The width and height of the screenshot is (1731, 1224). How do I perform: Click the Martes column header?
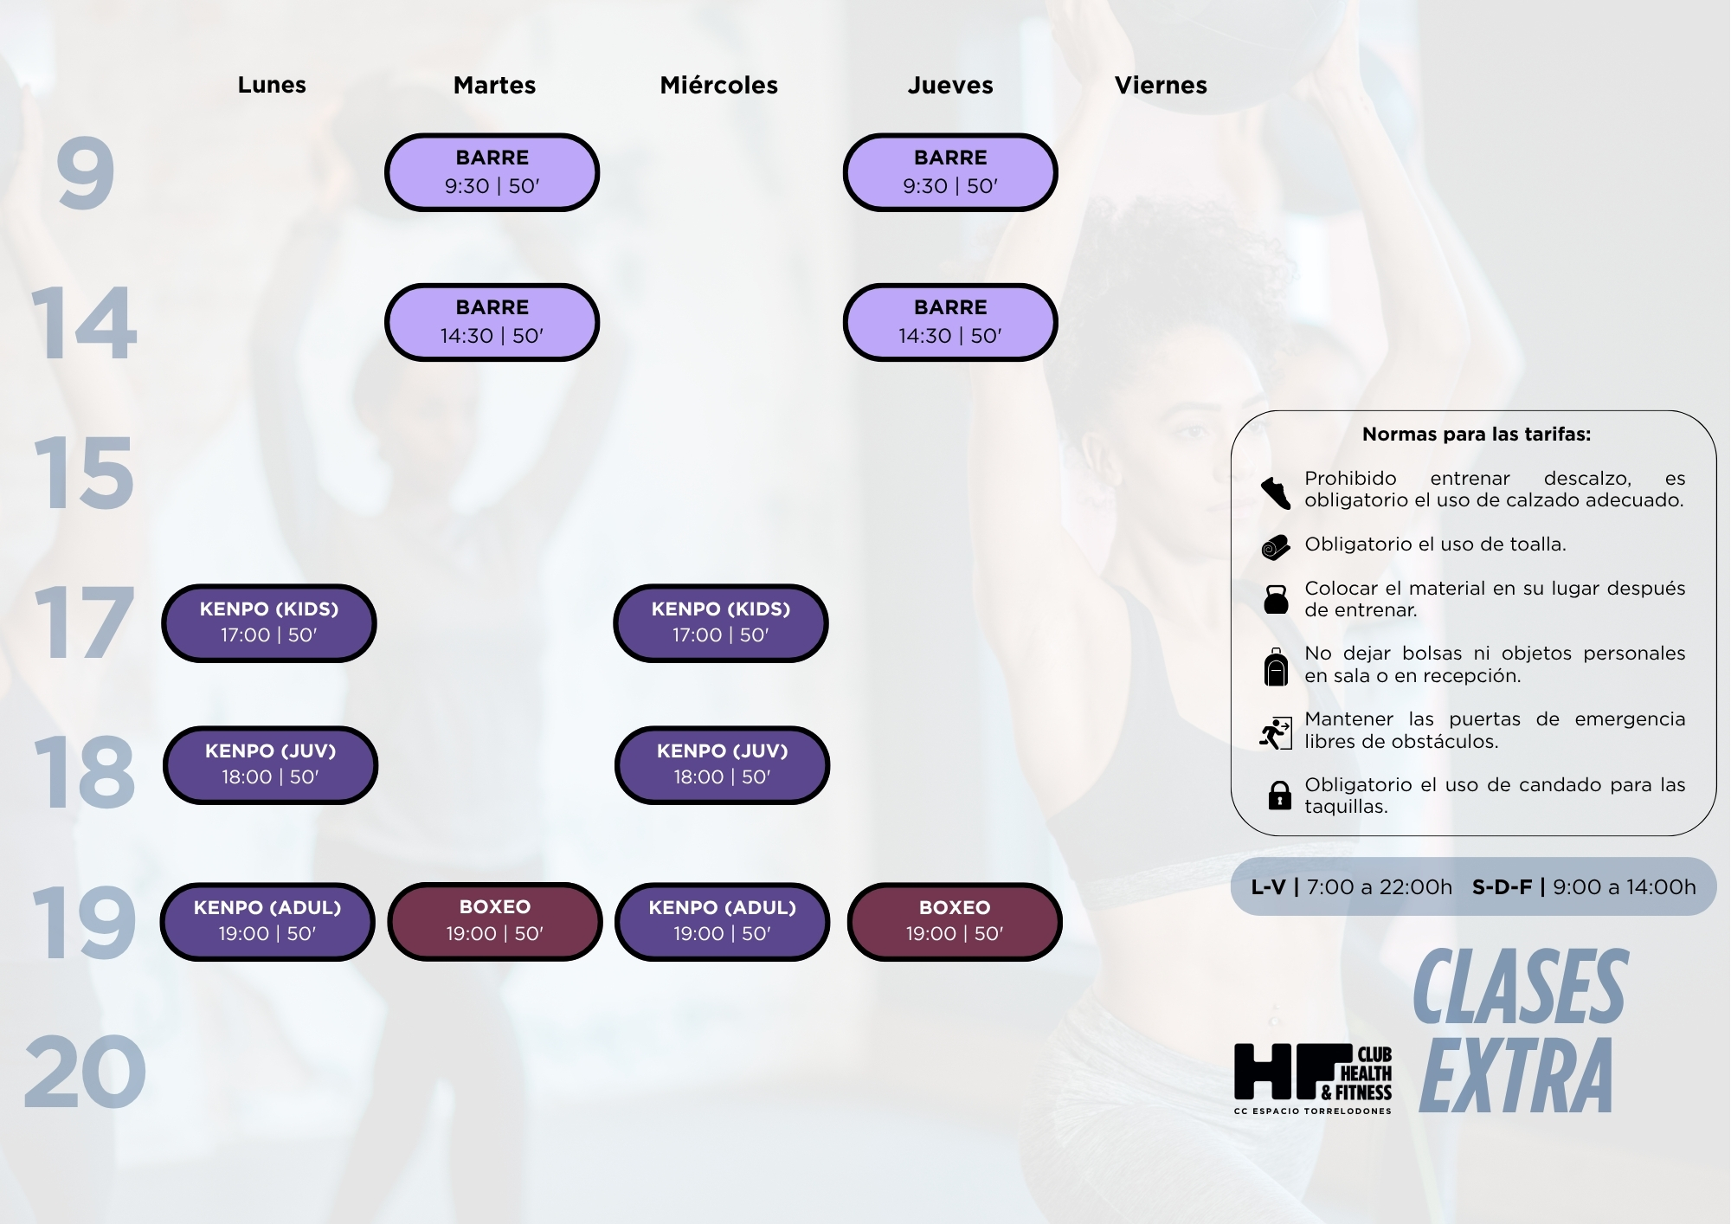point(494,85)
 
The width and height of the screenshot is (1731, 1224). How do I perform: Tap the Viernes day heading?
point(1161,85)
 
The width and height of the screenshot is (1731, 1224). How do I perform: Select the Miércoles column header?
point(718,85)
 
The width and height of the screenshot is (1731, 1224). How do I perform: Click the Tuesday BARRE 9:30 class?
point(492,172)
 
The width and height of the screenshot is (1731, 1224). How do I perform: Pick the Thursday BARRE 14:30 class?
point(950,322)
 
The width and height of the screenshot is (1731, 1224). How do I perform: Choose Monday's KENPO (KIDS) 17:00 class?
point(269,623)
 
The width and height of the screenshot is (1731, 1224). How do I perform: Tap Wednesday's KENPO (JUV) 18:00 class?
point(723,765)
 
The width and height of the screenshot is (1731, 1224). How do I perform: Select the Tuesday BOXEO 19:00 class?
point(495,922)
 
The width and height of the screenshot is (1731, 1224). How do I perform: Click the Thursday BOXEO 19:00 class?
point(955,922)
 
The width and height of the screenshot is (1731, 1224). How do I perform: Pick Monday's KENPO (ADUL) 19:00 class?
point(267,922)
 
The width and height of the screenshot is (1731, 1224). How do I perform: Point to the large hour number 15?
point(84,473)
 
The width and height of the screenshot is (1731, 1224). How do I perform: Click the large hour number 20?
point(85,1072)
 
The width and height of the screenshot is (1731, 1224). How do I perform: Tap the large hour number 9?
point(85,173)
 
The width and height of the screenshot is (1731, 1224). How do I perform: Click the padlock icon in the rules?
point(1279,795)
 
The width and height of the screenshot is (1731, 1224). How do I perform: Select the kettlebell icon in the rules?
point(1276,599)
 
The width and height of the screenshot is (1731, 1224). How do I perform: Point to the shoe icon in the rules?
point(1276,493)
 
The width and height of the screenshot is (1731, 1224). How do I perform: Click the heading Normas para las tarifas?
point(1477,435)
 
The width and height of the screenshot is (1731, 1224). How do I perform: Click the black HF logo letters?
point(1293,1072)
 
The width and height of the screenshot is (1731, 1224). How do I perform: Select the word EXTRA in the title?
point(1516,1075)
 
